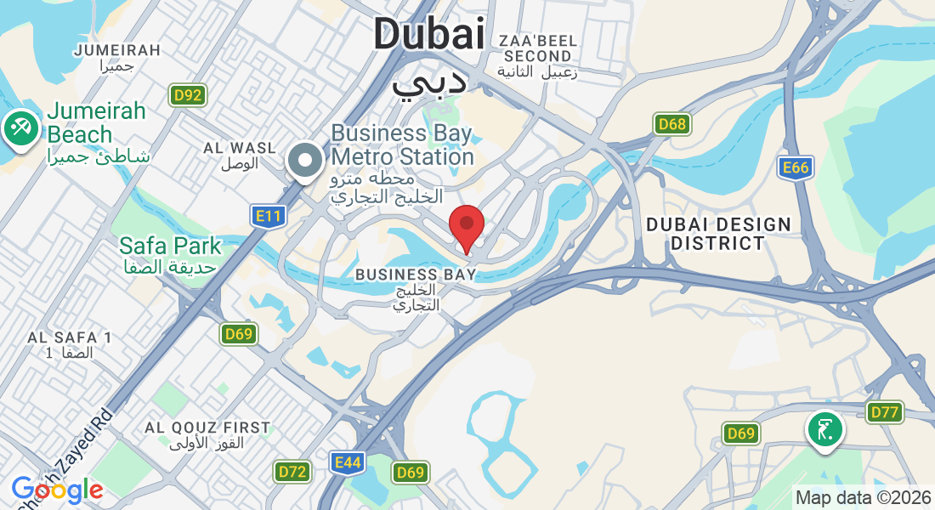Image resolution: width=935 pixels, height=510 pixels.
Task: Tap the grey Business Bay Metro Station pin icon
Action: coord(304,160)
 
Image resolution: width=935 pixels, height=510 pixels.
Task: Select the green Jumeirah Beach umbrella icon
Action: coord(18,129)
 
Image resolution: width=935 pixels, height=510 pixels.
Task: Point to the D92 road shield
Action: coord(186,95)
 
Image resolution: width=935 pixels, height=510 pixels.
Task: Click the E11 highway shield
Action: coord(268,217)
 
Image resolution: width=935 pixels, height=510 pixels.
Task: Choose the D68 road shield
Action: coord(671,125)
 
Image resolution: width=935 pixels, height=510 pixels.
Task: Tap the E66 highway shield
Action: coord(796,167)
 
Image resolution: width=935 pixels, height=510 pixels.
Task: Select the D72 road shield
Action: coord(292,471)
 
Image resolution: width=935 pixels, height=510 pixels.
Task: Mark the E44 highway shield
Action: coord(348,462)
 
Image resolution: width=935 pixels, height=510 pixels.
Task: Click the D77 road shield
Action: coord(885,413)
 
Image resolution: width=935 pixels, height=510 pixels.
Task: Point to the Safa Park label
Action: coord(170,254)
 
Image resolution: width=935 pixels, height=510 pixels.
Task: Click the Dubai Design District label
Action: coord(718,234)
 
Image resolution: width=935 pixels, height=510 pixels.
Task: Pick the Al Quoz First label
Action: coord(207,434)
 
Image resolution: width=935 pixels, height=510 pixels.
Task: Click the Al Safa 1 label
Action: coord(70,344)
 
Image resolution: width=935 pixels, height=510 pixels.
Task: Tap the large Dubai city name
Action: coord(428,36)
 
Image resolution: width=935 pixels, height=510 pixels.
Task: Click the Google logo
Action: coord(57,490)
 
